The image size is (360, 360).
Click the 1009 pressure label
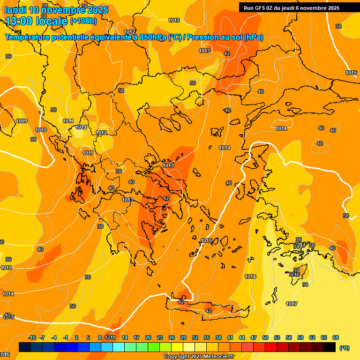(x=22, y=121)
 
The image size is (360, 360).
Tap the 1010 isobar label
(x=41, y=130)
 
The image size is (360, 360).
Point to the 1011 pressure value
(x=88, y=153)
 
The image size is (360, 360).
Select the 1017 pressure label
(x=292, y=304)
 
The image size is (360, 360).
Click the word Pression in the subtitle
(x=205, y=37)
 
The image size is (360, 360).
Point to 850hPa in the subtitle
(x=153, y=37)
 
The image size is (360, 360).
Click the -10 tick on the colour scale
(x=32, y=337)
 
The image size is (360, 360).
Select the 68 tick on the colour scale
(x=336, y=337)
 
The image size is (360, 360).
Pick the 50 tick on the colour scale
(x=265, y=337)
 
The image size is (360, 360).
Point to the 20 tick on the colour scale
(x=148, y=337)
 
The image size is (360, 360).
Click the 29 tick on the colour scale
(x=183, y=337)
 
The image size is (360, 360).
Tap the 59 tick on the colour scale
(x=300, y=337)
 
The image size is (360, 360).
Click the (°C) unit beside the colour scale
(x=344, y=348)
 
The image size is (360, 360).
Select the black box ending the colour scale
(x=330, y=347)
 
